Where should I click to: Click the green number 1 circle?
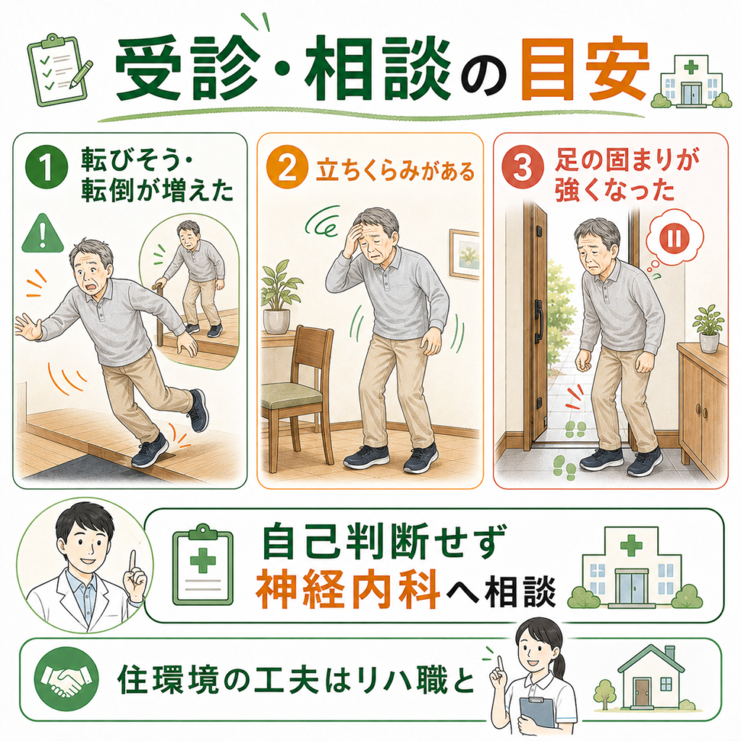click(x=46, y=169)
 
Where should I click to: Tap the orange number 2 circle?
click(x=287, y=168)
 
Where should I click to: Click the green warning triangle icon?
click(x=43, y=234)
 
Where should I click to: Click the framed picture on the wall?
click(x=464, y=254)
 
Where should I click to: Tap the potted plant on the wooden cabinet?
click(x=708, y=329)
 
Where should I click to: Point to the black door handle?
click(x=538, y=322)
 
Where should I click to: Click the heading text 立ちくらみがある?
click(x=395, y=171)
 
